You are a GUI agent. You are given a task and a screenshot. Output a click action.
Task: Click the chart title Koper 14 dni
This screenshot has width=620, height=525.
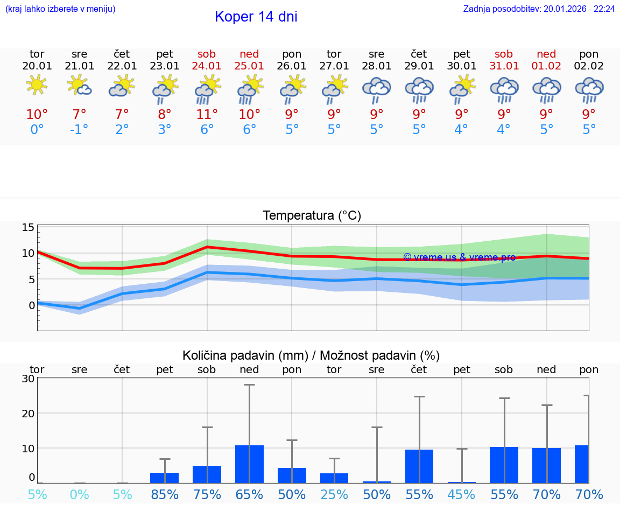(x=256, y=17)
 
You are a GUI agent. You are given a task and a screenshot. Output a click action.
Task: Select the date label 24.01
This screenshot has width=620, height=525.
(x=207, y=66)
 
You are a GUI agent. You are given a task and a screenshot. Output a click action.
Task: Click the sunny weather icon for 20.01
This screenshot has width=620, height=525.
(x=37, y=86)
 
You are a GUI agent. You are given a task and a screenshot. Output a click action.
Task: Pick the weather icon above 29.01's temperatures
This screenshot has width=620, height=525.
(x=419, y=89)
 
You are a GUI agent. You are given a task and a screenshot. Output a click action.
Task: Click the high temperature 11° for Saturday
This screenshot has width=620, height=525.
(x=207, y=115)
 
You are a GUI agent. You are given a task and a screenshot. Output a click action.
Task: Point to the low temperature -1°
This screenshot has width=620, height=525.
(x=79, y=130)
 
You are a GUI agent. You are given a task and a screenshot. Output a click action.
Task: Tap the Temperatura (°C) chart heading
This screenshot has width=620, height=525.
(x=312, y=216)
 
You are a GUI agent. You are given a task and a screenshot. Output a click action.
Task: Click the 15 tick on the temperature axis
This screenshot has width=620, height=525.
(x=29, y=227)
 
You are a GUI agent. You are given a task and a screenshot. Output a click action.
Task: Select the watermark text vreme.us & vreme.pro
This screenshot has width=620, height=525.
(x=459, y=257)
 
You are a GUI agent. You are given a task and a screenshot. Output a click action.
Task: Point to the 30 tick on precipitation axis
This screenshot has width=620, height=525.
(x=29, y=379)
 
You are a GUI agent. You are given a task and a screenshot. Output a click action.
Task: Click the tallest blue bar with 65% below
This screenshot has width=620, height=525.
(x=249, y=464)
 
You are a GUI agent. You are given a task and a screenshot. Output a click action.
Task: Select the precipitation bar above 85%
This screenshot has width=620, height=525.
(x=164, y=478)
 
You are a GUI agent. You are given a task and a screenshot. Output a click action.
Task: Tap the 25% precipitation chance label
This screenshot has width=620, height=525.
(x=334, y=495)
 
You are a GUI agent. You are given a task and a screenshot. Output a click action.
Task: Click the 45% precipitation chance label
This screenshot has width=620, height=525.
(x=461, y=495)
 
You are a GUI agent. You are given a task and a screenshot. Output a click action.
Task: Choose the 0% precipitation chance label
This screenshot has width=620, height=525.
(x=79, y=495)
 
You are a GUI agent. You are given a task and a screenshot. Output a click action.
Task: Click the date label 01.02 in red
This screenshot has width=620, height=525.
(x=546, y=66)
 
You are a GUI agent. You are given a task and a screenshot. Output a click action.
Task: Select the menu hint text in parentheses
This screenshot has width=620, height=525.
(x=60, y=9)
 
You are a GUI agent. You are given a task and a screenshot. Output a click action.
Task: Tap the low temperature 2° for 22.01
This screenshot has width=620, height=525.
(x=122, y=130)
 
